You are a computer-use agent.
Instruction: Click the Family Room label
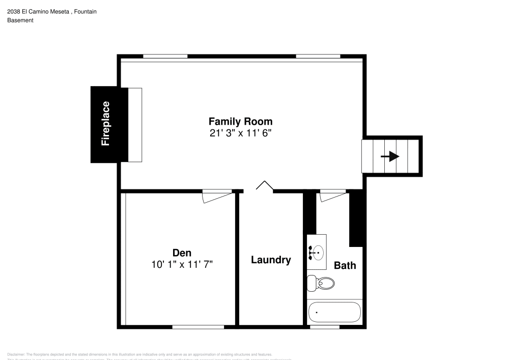(x=240, y=122)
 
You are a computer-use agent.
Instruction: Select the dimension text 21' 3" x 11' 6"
(x=240, y=133)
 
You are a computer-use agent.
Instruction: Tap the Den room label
(x=182, y=253)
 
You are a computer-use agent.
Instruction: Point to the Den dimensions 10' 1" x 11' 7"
(x=182, y=264)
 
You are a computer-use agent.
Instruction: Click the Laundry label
(x=271, y=260)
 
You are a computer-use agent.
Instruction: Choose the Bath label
(x=345, y=265)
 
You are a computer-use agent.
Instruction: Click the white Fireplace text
(x=105, y=124)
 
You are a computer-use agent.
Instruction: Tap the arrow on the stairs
(x=390, y=156)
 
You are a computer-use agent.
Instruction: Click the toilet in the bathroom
(x=321, y=283)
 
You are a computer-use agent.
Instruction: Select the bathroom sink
(x=317, y=252)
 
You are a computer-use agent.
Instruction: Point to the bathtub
(x=334, y=312)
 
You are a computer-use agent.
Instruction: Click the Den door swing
(x=216, y=196)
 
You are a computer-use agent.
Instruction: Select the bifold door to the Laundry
(x=264, y=186)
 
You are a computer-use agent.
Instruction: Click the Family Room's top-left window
(x=165, y=56)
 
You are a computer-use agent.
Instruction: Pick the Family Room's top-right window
(x=318, y=56)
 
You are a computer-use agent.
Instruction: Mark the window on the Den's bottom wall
(x=197, y=327)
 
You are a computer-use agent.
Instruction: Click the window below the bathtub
(x=324, y=327)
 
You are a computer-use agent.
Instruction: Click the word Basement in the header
(x=20, y=20)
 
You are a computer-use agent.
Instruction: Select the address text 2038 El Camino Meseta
(x=38, y=11)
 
